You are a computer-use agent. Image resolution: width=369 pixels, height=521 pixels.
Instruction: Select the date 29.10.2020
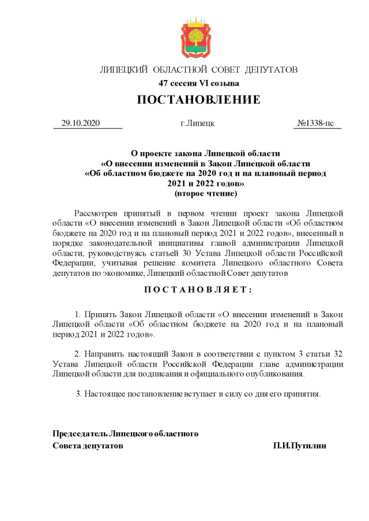pos(81,123)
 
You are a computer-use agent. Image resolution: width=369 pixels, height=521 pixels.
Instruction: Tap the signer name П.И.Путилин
pos(300,446)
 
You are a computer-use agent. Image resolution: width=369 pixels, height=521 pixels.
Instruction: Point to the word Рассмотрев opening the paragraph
pos(96,213)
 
